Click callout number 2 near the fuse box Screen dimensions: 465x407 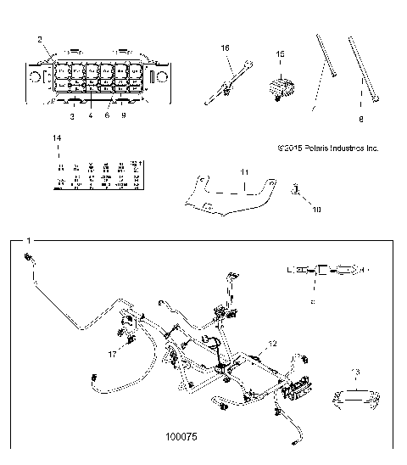click(40, 39)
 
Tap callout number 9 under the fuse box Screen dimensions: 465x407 click(124, 115)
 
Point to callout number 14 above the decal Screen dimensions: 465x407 click(56, 137)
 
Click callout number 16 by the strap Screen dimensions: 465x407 click(226, 49)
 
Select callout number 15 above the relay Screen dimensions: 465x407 click(281, 53)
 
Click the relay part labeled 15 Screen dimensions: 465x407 click(282, 87)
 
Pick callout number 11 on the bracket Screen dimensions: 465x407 click(243, 172)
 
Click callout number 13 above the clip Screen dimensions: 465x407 click(356, 371)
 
